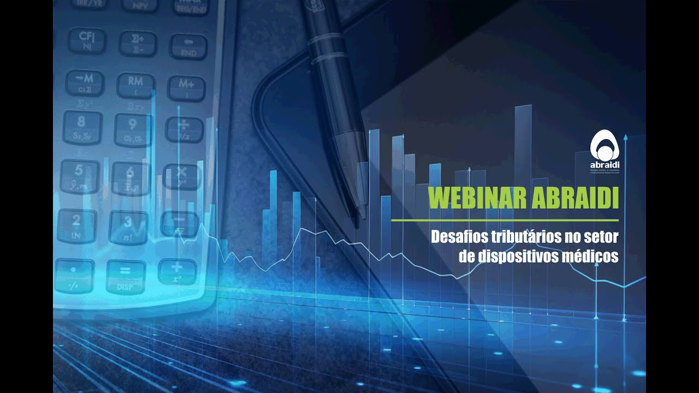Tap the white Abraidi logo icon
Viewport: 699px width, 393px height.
pos(604,145)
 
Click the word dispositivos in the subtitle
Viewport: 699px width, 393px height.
pos(517,256)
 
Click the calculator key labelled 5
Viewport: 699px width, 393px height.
pos(80,175)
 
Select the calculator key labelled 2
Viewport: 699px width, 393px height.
pos(76,224)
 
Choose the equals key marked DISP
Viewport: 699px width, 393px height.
pos(125,275)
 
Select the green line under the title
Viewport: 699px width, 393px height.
pos(505,220)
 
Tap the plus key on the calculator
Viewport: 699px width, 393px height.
pos(176,271)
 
